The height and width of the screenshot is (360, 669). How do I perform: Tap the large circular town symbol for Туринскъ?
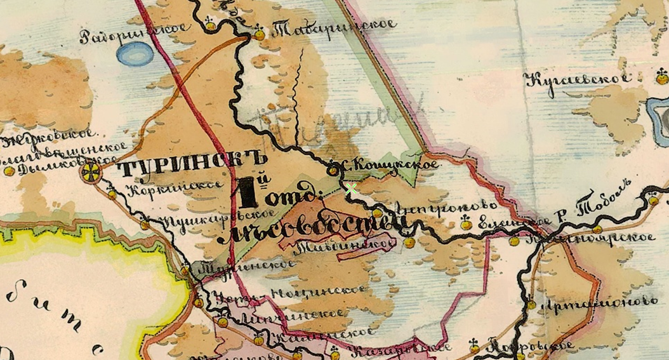click(x=91, y=171)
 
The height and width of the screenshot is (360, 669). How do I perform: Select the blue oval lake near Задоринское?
click(x=135, y=55)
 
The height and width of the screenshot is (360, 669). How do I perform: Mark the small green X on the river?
click(x=350, y=188)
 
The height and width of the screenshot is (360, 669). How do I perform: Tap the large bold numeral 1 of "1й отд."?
click(x=249, y=193)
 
